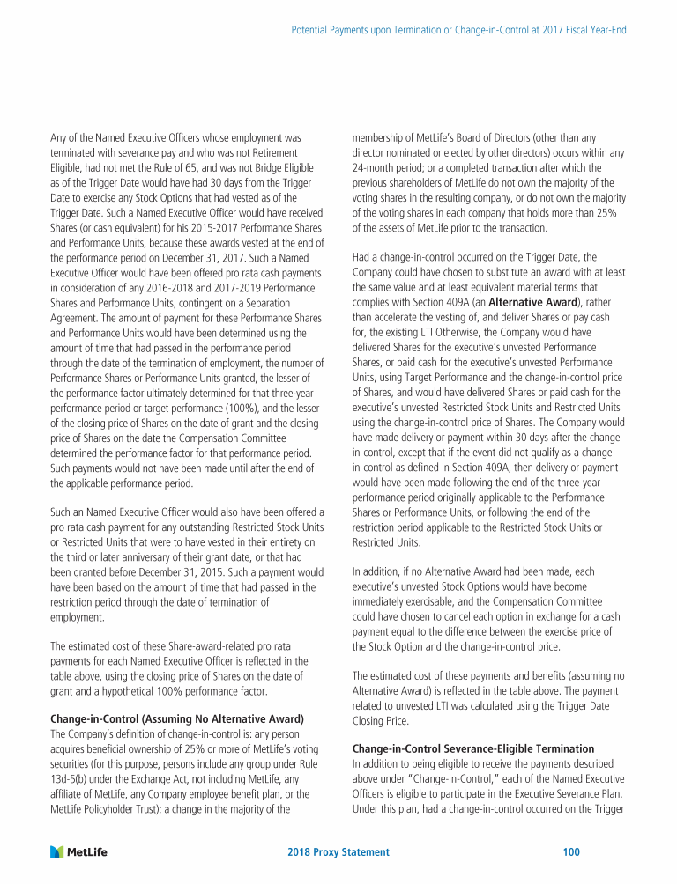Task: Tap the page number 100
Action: click(570, 852)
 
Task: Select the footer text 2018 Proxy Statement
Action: click(338, 852)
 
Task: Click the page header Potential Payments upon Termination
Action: click(458, 30)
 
